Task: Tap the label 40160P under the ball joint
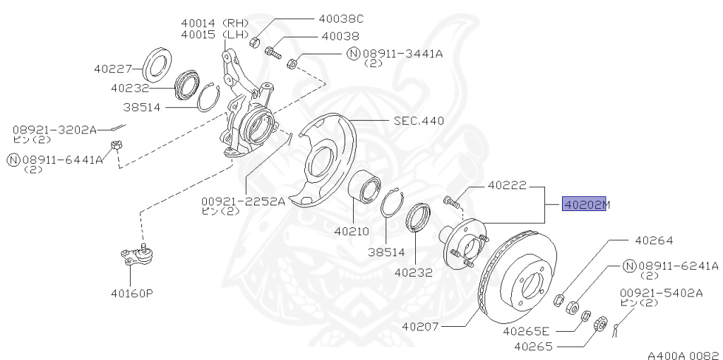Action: (131, 293)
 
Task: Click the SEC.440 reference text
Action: (419, 121)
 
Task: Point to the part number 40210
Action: (352, 232)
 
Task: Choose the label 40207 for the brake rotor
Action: (419, 327)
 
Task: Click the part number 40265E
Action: (526, 331)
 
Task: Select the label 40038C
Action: (341, 19)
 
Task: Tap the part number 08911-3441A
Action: (402, 54)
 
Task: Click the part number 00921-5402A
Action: (661, 293)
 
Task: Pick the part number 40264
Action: (654, 240)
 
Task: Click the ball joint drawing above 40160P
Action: (137, 256)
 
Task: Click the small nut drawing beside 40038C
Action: (254, 43)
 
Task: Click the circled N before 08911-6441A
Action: (13, 160)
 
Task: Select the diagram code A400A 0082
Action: (685, 355)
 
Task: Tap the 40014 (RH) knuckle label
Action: (215, 23)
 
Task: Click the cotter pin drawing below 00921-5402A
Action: (616, 328)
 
